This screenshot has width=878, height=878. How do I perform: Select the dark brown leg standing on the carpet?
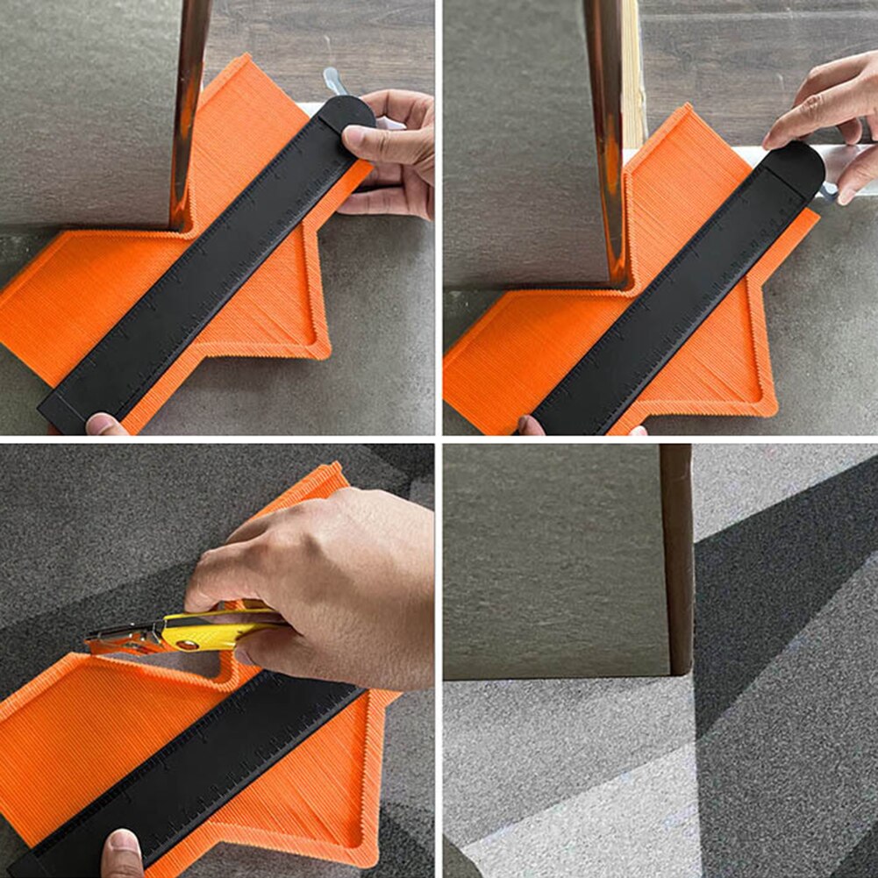click(x=677, y=561)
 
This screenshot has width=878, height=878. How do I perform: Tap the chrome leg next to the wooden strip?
click(x=607, y=132)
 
